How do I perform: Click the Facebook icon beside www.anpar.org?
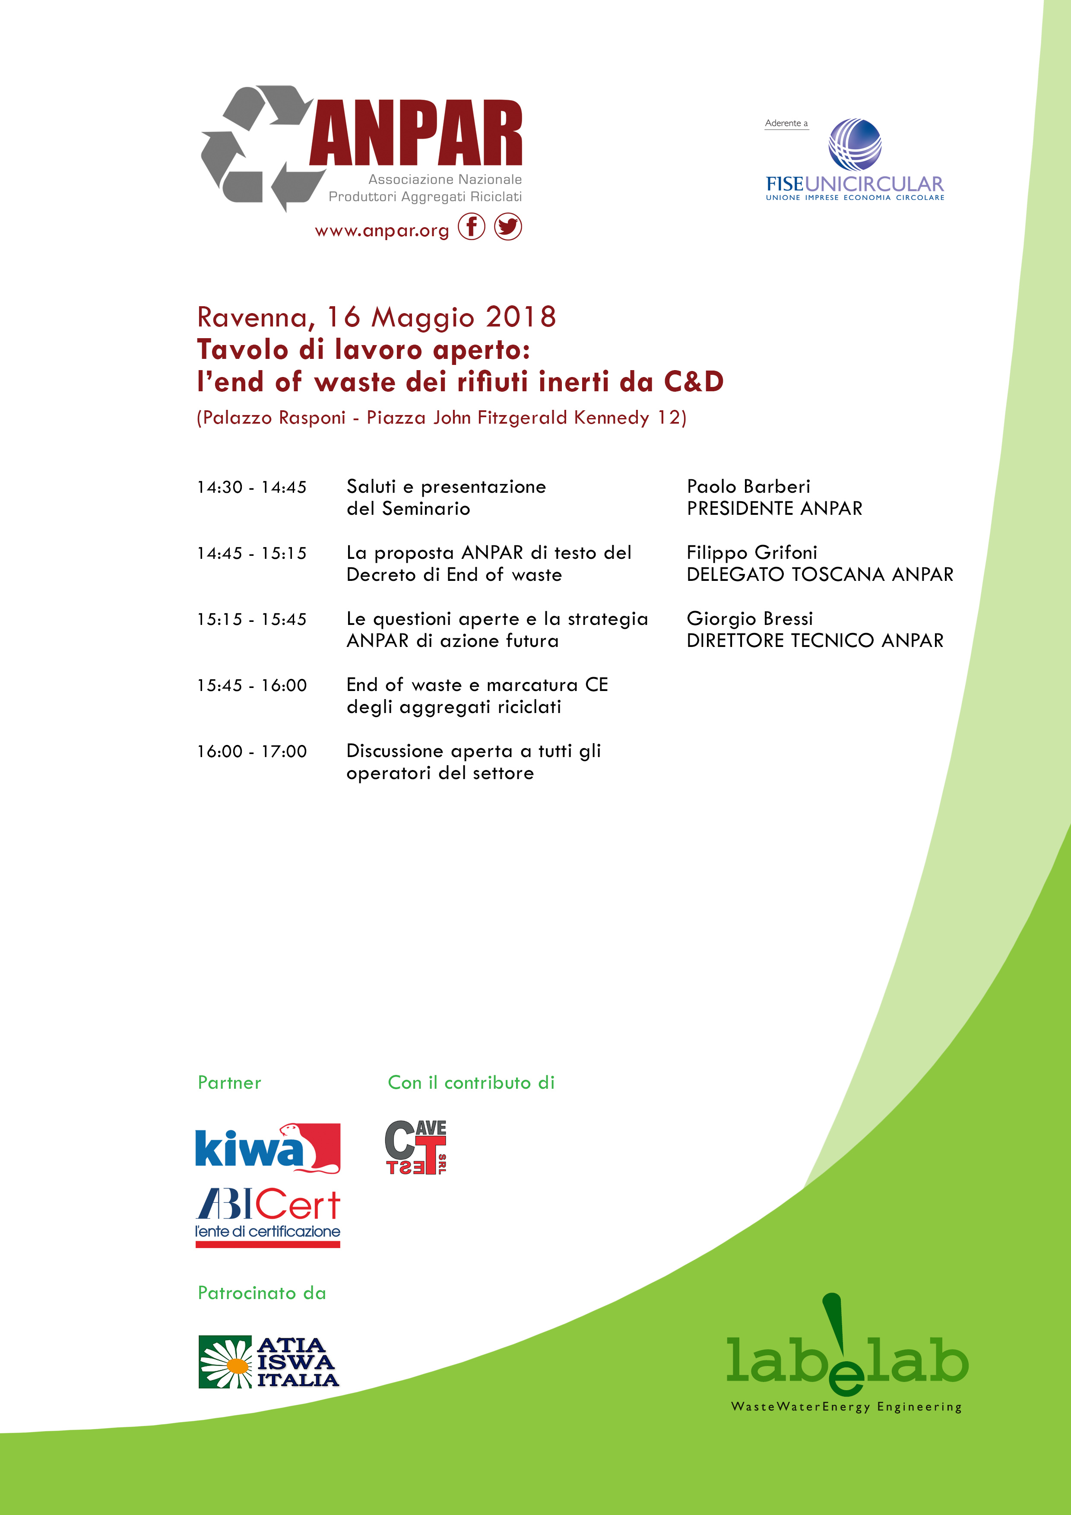tap(471, 227)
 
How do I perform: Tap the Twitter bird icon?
tap(507, 227)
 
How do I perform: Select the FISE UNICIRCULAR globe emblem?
tap(855, 145)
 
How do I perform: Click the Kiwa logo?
tap(267, 1148)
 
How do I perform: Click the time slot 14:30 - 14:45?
tap(251, 488)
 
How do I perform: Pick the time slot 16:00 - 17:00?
tap(251, 751)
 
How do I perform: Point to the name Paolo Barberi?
tap(748, 487)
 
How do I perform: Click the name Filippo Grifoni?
tap(751, 553)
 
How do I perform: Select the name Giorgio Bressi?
tap(750, 619)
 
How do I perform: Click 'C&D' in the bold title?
tap(694, 382)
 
